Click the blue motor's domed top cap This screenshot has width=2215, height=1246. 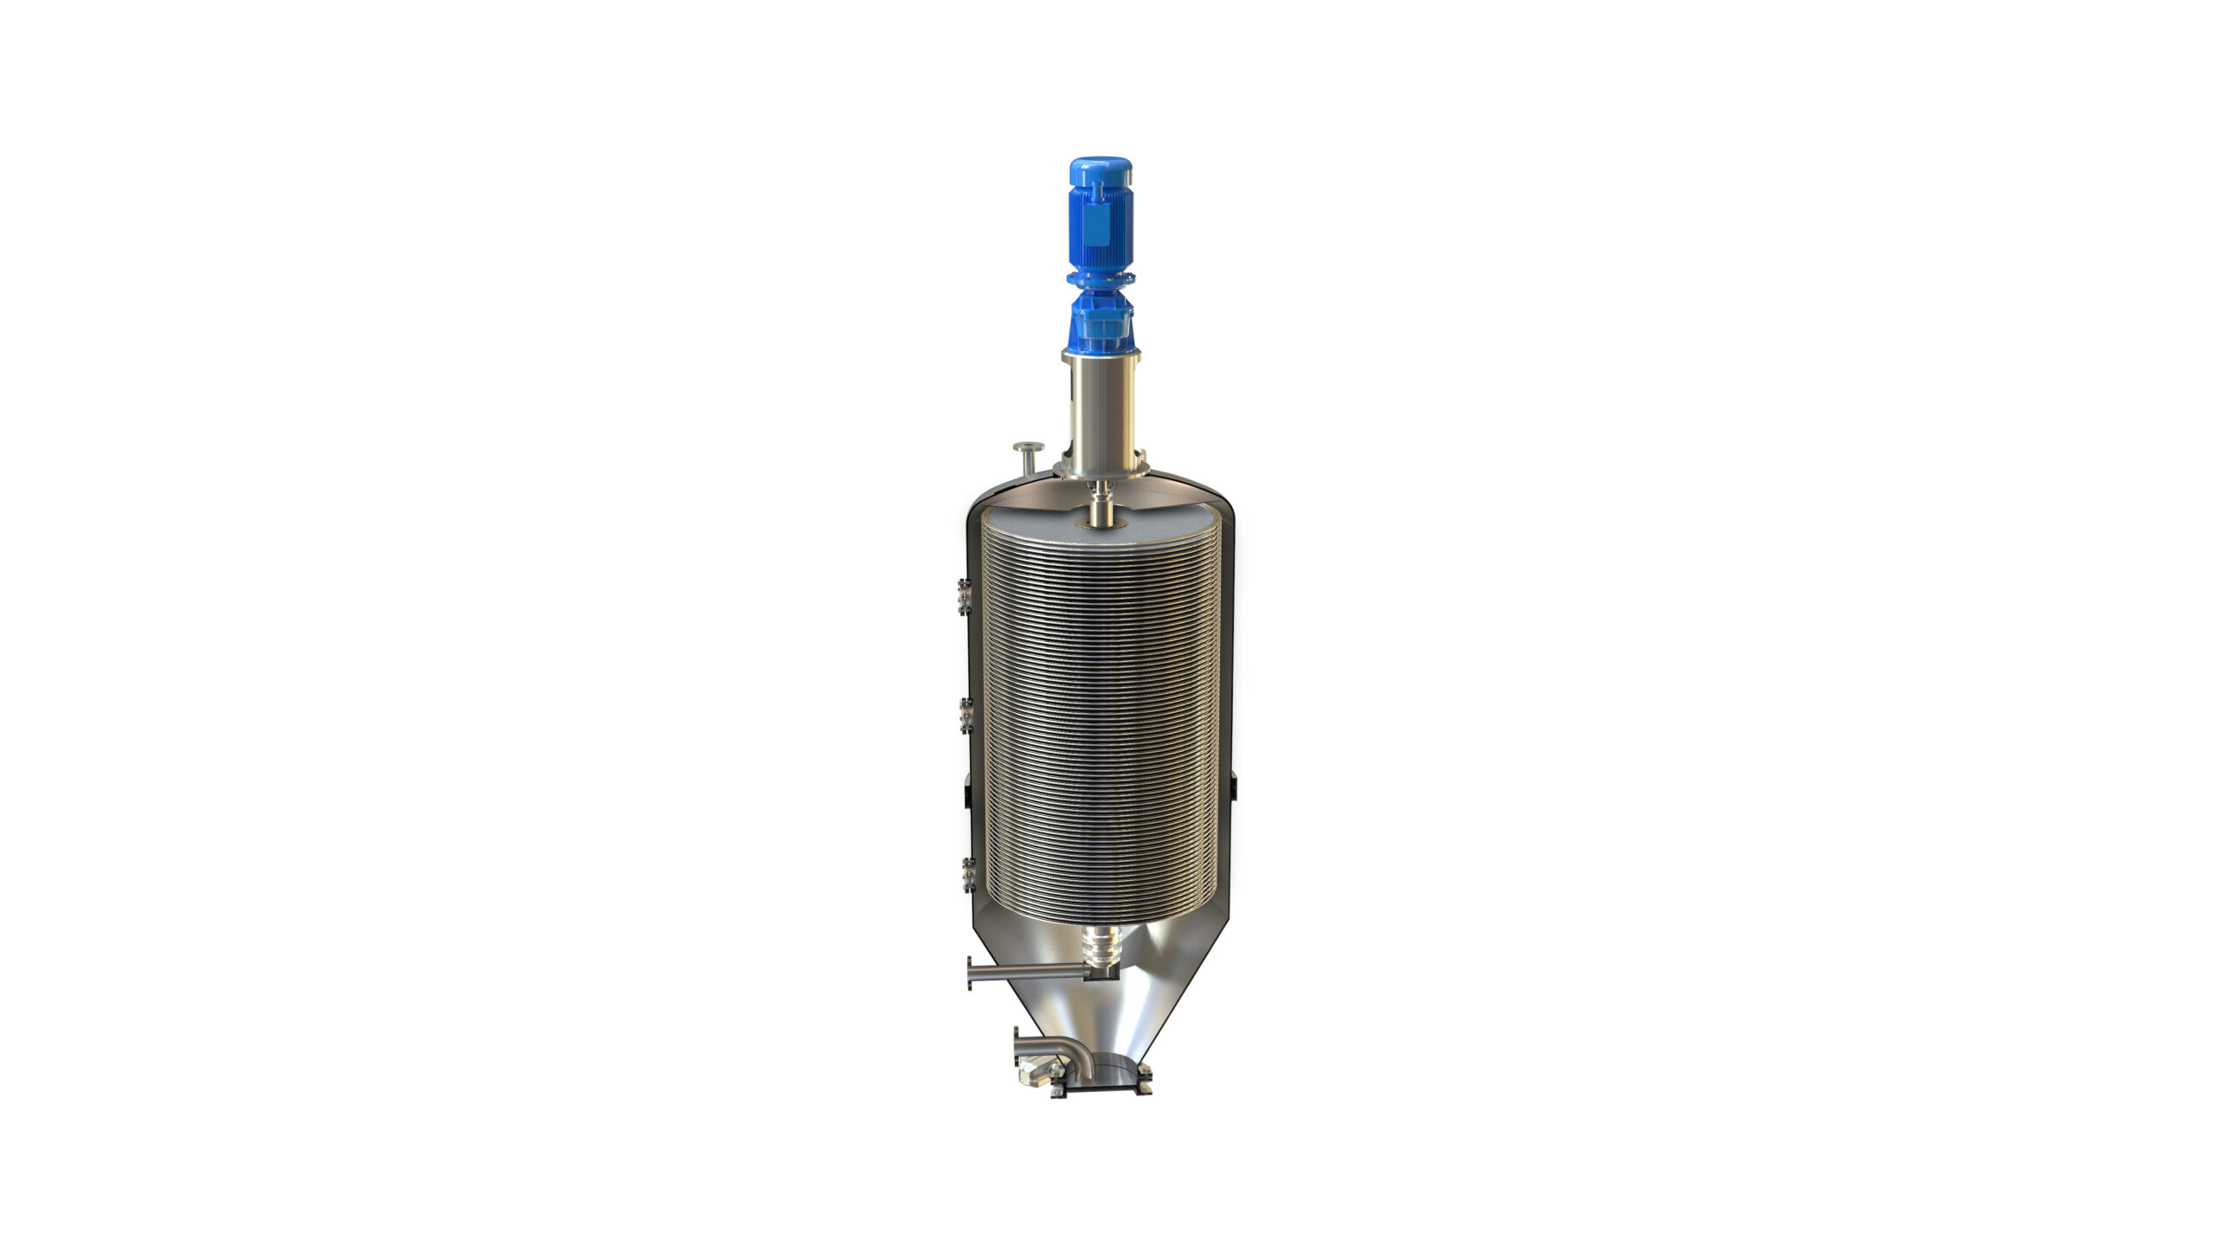point(1100,170)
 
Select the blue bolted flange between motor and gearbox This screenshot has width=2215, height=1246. point(1100,279)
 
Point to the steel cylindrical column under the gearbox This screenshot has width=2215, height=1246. point(1101,411)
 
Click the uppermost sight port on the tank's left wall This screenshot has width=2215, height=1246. point(965,596)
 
